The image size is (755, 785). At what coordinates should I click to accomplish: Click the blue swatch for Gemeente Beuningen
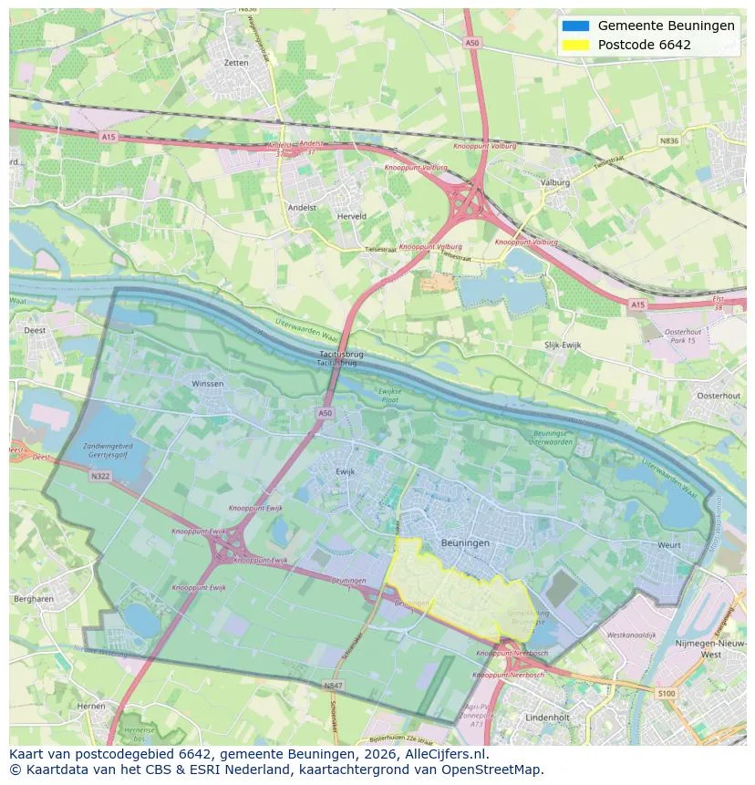(x=576, y=26)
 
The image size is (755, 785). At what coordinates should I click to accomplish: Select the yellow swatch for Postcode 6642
(x=576, y=45)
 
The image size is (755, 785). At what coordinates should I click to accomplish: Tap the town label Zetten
(x=235, y=63)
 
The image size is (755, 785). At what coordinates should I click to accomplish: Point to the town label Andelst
(x=302, y=207)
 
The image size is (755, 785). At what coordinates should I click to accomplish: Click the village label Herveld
(x=352, y=216)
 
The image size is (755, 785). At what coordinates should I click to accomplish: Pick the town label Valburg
(x=554, y=182)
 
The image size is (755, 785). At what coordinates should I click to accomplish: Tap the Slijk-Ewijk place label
(x=563, y=345)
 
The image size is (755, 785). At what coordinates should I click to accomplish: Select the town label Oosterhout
(x=719, y=396)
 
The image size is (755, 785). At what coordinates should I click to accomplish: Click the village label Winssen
(x=208, y=384)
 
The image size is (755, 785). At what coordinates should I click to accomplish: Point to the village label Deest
(x=35, y=331)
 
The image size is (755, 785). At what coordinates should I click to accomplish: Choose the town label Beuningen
(x=465, y=542)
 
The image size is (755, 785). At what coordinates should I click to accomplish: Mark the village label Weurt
(x=668, y=545)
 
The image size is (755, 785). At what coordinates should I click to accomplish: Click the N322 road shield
(x=100, y=476)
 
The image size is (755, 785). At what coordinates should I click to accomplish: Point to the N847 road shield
(x=333, y=684)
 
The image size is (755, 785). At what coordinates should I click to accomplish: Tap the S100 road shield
(x=667, y=694)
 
